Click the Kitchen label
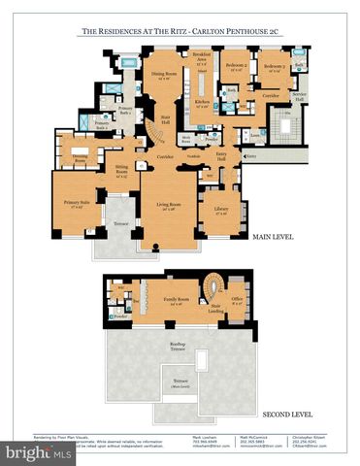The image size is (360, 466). [202, 101]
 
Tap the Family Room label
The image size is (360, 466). [176, 300]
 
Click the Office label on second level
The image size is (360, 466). [237, 299]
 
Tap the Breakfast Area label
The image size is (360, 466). [202, 59]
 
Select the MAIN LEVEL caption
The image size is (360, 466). [274, 238]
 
